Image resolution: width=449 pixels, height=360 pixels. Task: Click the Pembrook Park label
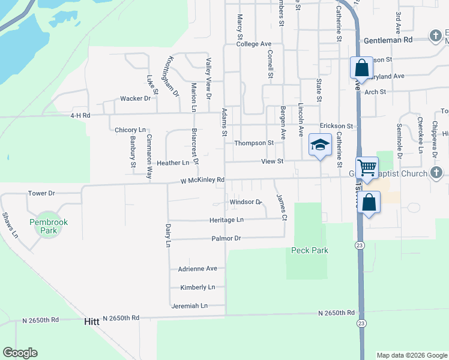click(49, 226)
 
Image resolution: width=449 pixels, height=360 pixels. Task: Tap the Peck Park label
click(310, 250)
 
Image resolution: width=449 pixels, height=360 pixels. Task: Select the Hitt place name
click(92, 322)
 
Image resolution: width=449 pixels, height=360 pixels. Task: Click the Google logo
click(20, 353)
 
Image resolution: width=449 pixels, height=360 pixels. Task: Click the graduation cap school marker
click(320, 145)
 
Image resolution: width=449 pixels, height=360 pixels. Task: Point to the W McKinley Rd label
click(202, 180)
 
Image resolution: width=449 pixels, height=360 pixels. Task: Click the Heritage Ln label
click(223, 220)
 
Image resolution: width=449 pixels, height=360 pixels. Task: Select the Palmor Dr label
click(226, 238)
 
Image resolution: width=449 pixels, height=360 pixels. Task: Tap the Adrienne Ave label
click(197, 269)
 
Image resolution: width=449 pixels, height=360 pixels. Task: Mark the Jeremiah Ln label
click(189, 306)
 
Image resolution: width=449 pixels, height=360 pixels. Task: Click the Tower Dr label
click(41, 193)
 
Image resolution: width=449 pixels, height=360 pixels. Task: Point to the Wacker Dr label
click(135, 98)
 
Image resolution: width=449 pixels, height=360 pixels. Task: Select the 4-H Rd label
click(80, 115)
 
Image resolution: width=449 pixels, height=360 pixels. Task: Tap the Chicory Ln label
click(130, 130)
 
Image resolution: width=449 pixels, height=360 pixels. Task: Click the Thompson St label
click(254, 143)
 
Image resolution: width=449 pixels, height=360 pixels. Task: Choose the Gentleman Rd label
click(388, 40)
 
